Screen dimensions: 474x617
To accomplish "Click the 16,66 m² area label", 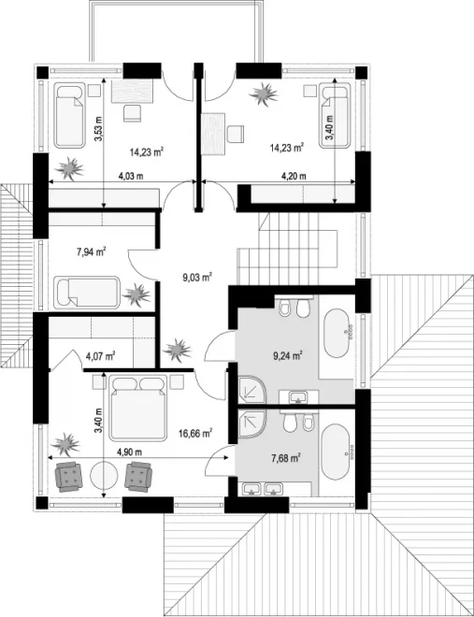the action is coord(195,433).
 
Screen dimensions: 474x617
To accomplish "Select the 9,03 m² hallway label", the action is coord(197,278).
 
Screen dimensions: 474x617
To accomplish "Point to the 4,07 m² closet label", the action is coord(100,356).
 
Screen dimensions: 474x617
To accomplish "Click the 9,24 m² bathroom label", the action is coord(288,356).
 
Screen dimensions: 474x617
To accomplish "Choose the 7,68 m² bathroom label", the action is coord(286,458).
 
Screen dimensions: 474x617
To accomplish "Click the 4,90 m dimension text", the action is coord(129,452).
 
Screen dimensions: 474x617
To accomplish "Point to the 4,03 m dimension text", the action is coord(131,176).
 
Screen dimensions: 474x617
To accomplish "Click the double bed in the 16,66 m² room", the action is coord(137,408).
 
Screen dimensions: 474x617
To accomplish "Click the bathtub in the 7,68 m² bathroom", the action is coord(338,452).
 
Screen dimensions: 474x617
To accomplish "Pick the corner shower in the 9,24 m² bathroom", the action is coord(252,389).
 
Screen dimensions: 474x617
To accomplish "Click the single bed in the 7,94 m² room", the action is coord(86,293).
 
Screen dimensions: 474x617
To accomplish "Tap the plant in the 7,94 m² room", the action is coord(136,294).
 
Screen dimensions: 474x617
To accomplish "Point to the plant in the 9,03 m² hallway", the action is coord(178,350).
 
